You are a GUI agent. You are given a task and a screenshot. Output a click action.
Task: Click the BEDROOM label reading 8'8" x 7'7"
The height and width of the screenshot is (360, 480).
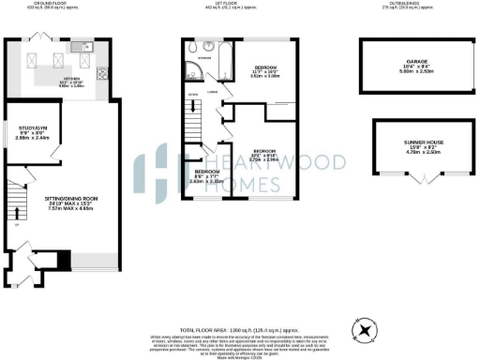pyautogui.click(x=206, y=175)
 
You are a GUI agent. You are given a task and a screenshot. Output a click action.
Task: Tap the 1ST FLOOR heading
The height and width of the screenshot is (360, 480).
pyautogui.click(x=242, y=5)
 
